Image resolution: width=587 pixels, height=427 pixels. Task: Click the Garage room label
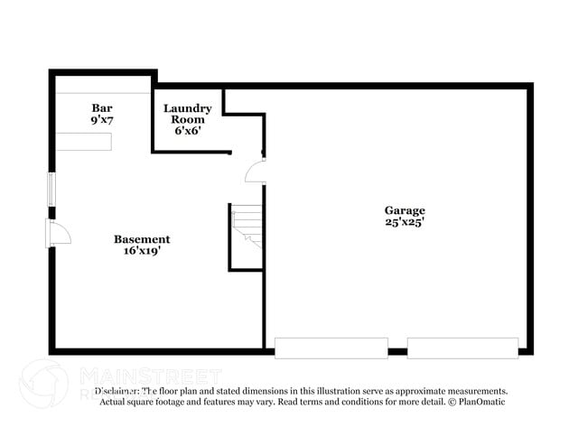point(404,210)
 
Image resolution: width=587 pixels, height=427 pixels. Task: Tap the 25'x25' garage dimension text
point(404,222)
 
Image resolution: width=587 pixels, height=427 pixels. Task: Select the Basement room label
point(141,239)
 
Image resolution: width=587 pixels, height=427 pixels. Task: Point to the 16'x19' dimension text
point(141,251)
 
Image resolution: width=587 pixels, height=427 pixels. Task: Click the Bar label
point(102,107)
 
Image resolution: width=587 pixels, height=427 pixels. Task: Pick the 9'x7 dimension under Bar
point(102,118)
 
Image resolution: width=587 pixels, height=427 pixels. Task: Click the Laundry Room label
point(188,114)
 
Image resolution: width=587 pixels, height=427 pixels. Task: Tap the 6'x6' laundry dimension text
point(188,130)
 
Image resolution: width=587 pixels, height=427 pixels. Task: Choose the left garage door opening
point(331,348)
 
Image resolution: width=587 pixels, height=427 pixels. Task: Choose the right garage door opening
point(462,348)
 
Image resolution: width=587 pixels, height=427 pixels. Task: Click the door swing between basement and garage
point(256,171)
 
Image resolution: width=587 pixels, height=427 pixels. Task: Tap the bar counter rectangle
point(84,143)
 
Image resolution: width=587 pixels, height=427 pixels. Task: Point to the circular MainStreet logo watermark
point(42,383)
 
